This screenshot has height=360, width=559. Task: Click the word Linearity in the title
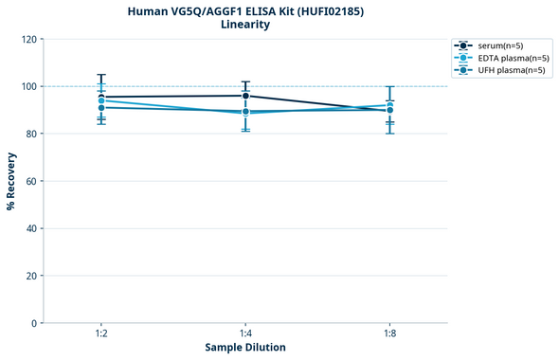245,25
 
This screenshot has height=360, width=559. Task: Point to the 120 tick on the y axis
30,39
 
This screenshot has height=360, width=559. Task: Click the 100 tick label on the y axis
30,86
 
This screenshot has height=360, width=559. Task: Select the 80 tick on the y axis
32,134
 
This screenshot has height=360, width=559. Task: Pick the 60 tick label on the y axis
32,181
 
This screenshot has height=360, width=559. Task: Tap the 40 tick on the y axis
32,228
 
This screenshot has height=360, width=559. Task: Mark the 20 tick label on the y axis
32,276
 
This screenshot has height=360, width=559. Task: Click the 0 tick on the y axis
35,323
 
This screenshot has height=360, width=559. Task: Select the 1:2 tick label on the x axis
100,334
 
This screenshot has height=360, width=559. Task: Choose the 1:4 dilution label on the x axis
245,334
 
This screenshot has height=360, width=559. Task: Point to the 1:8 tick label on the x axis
389,334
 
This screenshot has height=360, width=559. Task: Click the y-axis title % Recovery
11,181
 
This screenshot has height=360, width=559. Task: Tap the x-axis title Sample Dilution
245,348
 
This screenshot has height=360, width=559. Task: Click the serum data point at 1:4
245,96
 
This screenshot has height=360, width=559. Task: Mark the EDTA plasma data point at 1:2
100,100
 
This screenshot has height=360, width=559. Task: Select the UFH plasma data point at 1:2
100,108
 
